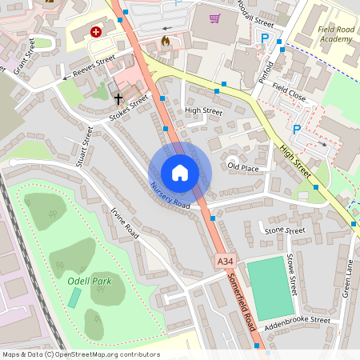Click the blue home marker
click(x=180, y=172)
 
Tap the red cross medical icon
click(x=97, y=32)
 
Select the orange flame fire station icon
click(x=166, y=39)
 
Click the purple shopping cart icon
click(x=214, y=18)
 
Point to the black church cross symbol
click(x=118, y=98)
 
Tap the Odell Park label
click(x=89, y=280)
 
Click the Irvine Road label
click(x=125, y=225)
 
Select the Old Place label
click(x=243, y=167)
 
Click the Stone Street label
click(x=284, y=230)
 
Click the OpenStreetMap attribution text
click(x=81, y=354)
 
